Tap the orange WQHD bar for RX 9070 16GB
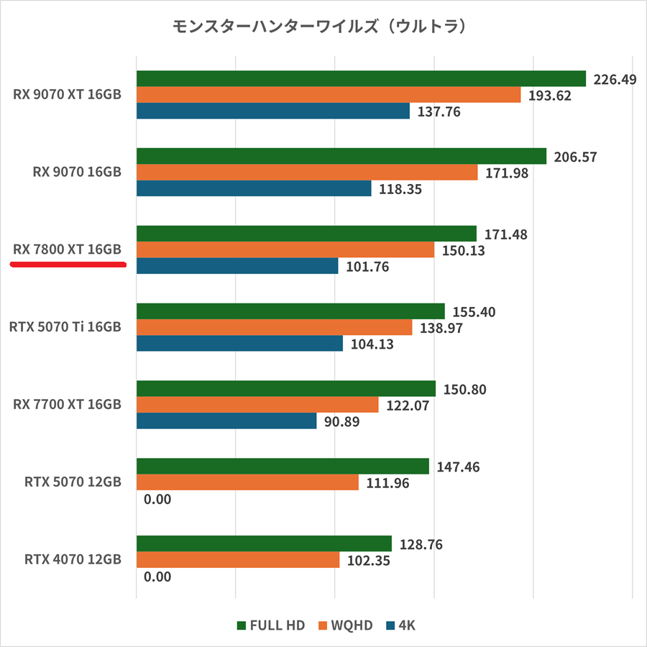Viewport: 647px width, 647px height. point(307,173)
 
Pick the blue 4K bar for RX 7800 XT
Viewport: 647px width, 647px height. point(237,266)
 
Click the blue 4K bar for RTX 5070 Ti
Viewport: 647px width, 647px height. point(239,344)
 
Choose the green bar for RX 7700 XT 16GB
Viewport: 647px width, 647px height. point(286,389)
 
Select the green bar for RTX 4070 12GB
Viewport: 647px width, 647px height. point(264,544)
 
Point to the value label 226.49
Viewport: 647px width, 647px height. point(615,79)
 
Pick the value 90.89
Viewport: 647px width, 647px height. point(341,422)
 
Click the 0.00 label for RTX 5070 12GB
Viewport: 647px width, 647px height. point(157,499)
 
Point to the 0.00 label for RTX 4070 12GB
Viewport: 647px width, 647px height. point(157,577)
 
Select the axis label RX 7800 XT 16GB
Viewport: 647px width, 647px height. point(67,249)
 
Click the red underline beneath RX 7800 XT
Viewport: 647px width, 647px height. point(68,265)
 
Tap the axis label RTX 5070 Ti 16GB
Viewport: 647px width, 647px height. point(65,327)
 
